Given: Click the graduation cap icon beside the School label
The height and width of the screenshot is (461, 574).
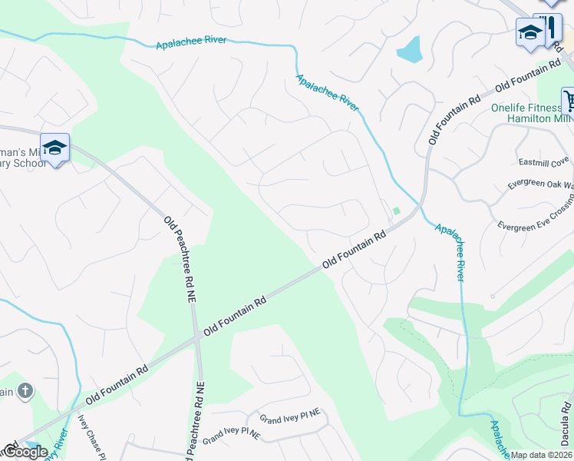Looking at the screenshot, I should click(55, 147).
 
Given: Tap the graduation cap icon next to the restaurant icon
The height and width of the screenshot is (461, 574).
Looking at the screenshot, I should click(530, 32).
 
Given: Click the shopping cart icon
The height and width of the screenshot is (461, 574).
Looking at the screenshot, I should click(569, 99).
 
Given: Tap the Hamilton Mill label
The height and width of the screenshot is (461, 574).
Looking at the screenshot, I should click(540, 120).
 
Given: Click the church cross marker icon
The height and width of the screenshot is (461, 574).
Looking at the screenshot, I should click(25, 391).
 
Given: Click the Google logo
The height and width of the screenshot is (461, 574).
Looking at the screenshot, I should click(25, 452).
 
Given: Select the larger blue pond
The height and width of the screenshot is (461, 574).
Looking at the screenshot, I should click(408, 51).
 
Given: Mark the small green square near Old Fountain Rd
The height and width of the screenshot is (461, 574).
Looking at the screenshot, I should click(397, 211).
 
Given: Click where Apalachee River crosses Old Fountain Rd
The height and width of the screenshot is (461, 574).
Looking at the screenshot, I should click(417, 207).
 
